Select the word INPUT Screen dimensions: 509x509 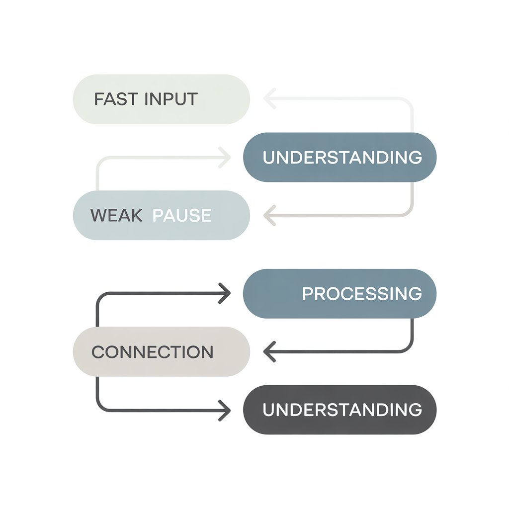click(x=171, y=99)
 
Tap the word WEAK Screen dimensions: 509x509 click(x=116, y=215)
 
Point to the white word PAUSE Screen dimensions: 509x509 click(x=181, y=215)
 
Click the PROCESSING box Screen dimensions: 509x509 click(x=339, y=293)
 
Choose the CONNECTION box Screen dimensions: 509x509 click(x=161, y=351)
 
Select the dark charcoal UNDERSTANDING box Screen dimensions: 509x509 click(x=339, y=410)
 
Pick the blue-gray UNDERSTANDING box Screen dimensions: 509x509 click(x=339, y=157)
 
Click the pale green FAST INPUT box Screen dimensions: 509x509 click(x=161, y=99)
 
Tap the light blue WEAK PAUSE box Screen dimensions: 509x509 click(x=161, y=215)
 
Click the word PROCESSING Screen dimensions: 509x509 click(x=362, y=293)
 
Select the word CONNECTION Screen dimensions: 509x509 click(x=152, y=352)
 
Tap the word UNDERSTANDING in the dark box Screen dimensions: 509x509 click(x=342, y=410)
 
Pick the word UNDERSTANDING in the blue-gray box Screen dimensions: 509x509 click(x=342, y=157)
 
